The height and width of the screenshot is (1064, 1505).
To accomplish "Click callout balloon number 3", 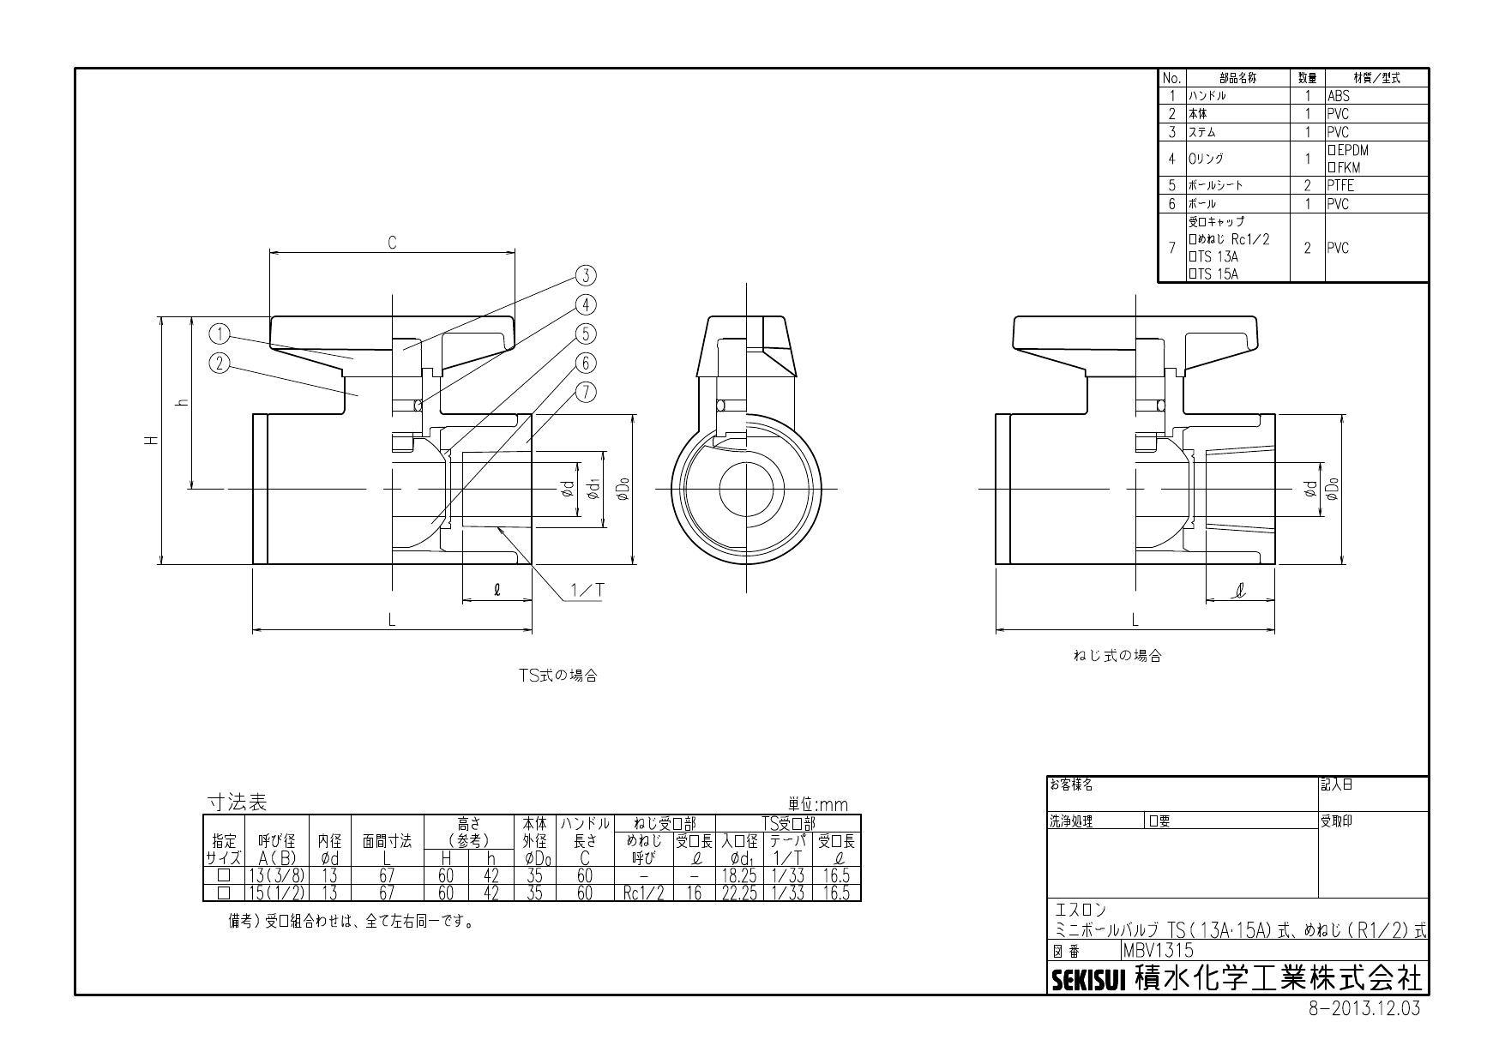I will coord(586,275).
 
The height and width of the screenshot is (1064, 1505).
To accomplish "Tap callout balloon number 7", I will coord(586,392).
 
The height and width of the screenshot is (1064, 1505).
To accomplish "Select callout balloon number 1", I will coord(220,333).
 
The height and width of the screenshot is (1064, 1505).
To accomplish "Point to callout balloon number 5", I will coord(586,334).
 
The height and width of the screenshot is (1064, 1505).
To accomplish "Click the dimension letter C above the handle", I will coord(392,243).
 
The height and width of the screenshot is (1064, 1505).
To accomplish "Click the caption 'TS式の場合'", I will coord(557,676).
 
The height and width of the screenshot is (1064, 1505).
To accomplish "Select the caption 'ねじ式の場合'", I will coord(1117,656).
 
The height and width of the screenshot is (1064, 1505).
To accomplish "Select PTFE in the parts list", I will coord(1341,185).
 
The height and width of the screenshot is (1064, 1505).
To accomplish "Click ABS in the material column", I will coord(1339,96).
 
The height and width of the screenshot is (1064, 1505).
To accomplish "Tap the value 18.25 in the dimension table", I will coord(739,876).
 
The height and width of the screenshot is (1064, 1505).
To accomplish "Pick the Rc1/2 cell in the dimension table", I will coord(644,893).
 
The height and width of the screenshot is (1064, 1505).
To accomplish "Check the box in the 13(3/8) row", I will coord(224,876).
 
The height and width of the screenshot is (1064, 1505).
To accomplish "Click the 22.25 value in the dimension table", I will coord(739,893).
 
